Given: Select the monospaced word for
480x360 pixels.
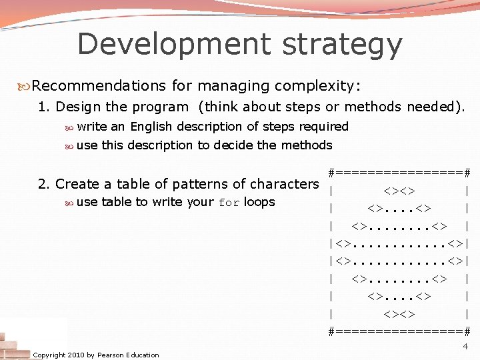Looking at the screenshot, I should pyautogui.click(x=229, y=203).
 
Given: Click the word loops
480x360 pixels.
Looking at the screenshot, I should pyautogui.click(x=259, y=202).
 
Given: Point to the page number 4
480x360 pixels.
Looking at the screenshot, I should pyautogui.click(x=465, y=347).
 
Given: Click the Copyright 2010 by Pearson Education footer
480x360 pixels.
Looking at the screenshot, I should pyautogui.click(x=96, y=355).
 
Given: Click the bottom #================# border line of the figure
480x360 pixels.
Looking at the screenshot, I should pyautogui.click(x=400, y=331).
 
